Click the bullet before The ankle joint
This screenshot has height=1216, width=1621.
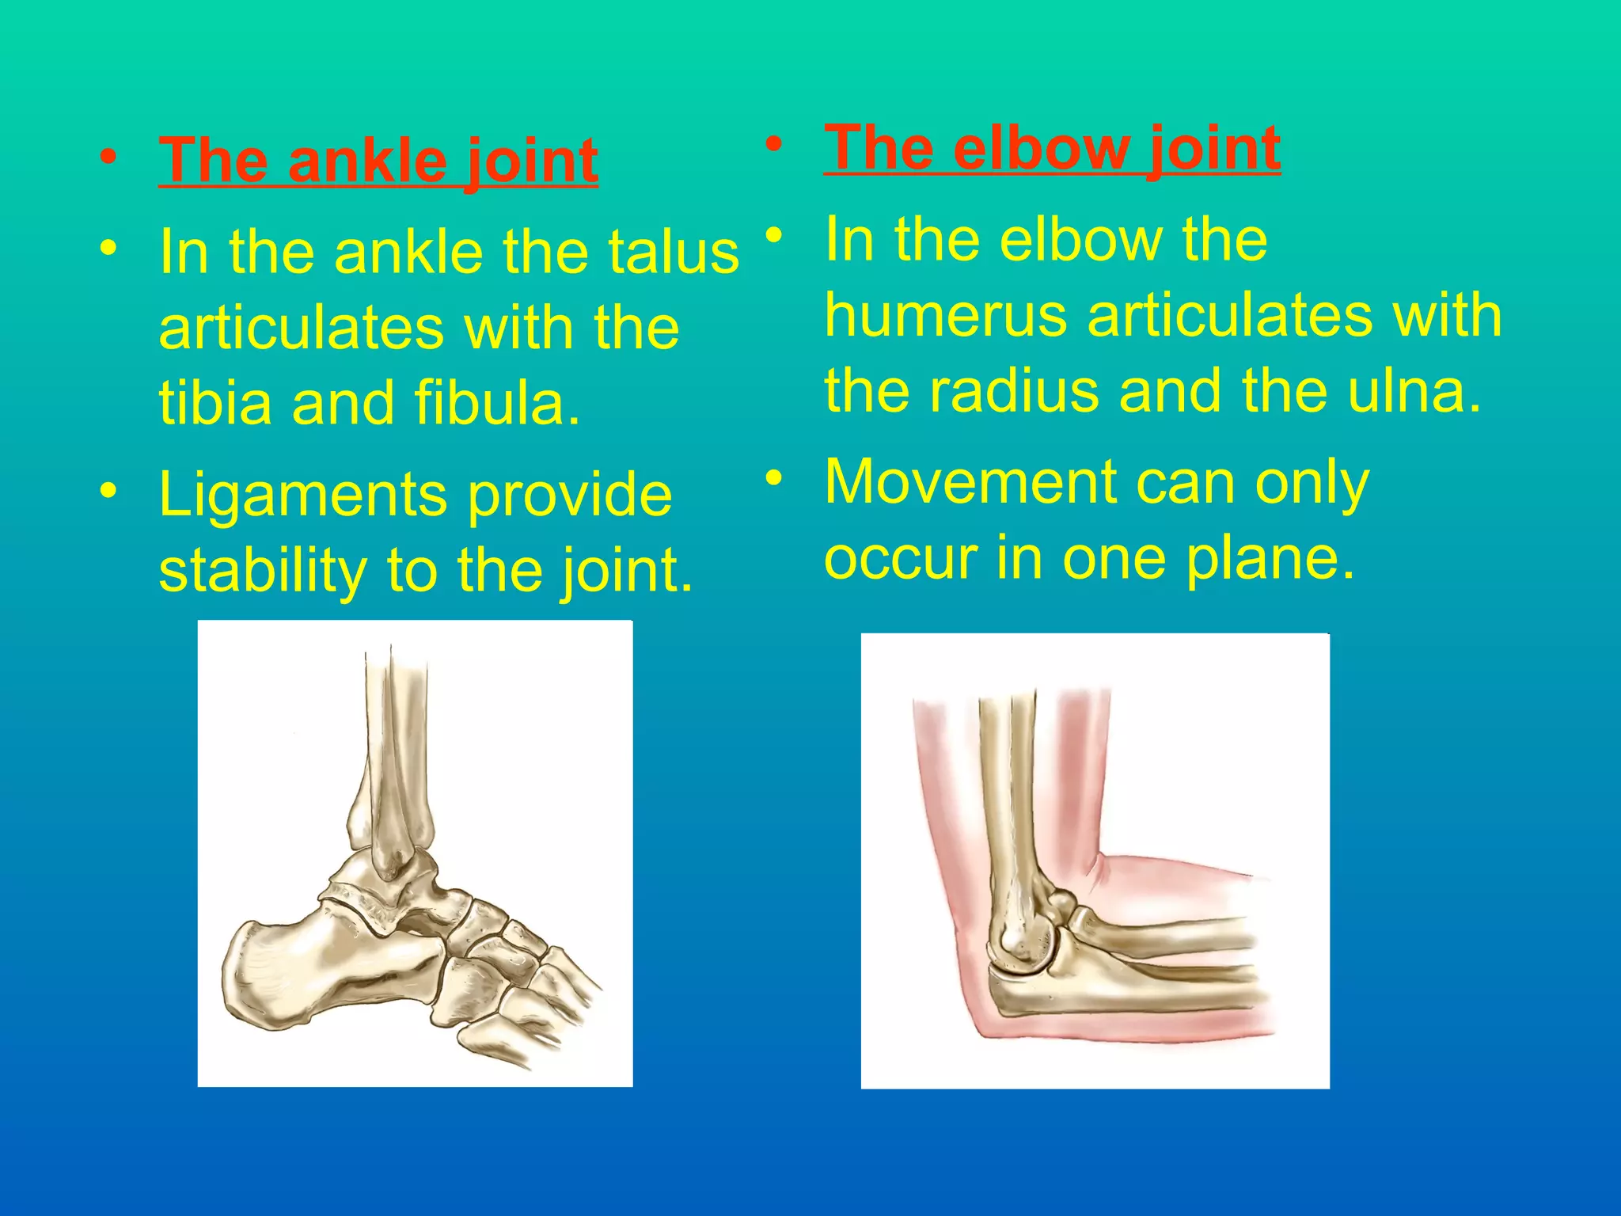pyautogui.click(x=109, y=156)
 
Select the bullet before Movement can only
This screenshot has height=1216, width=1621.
pyautogui.click(x=774, y=477)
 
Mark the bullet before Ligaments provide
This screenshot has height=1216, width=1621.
pyautogui.click(x=109, y=491)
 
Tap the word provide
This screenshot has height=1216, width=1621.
pyautogui.click(x=570, y=496)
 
